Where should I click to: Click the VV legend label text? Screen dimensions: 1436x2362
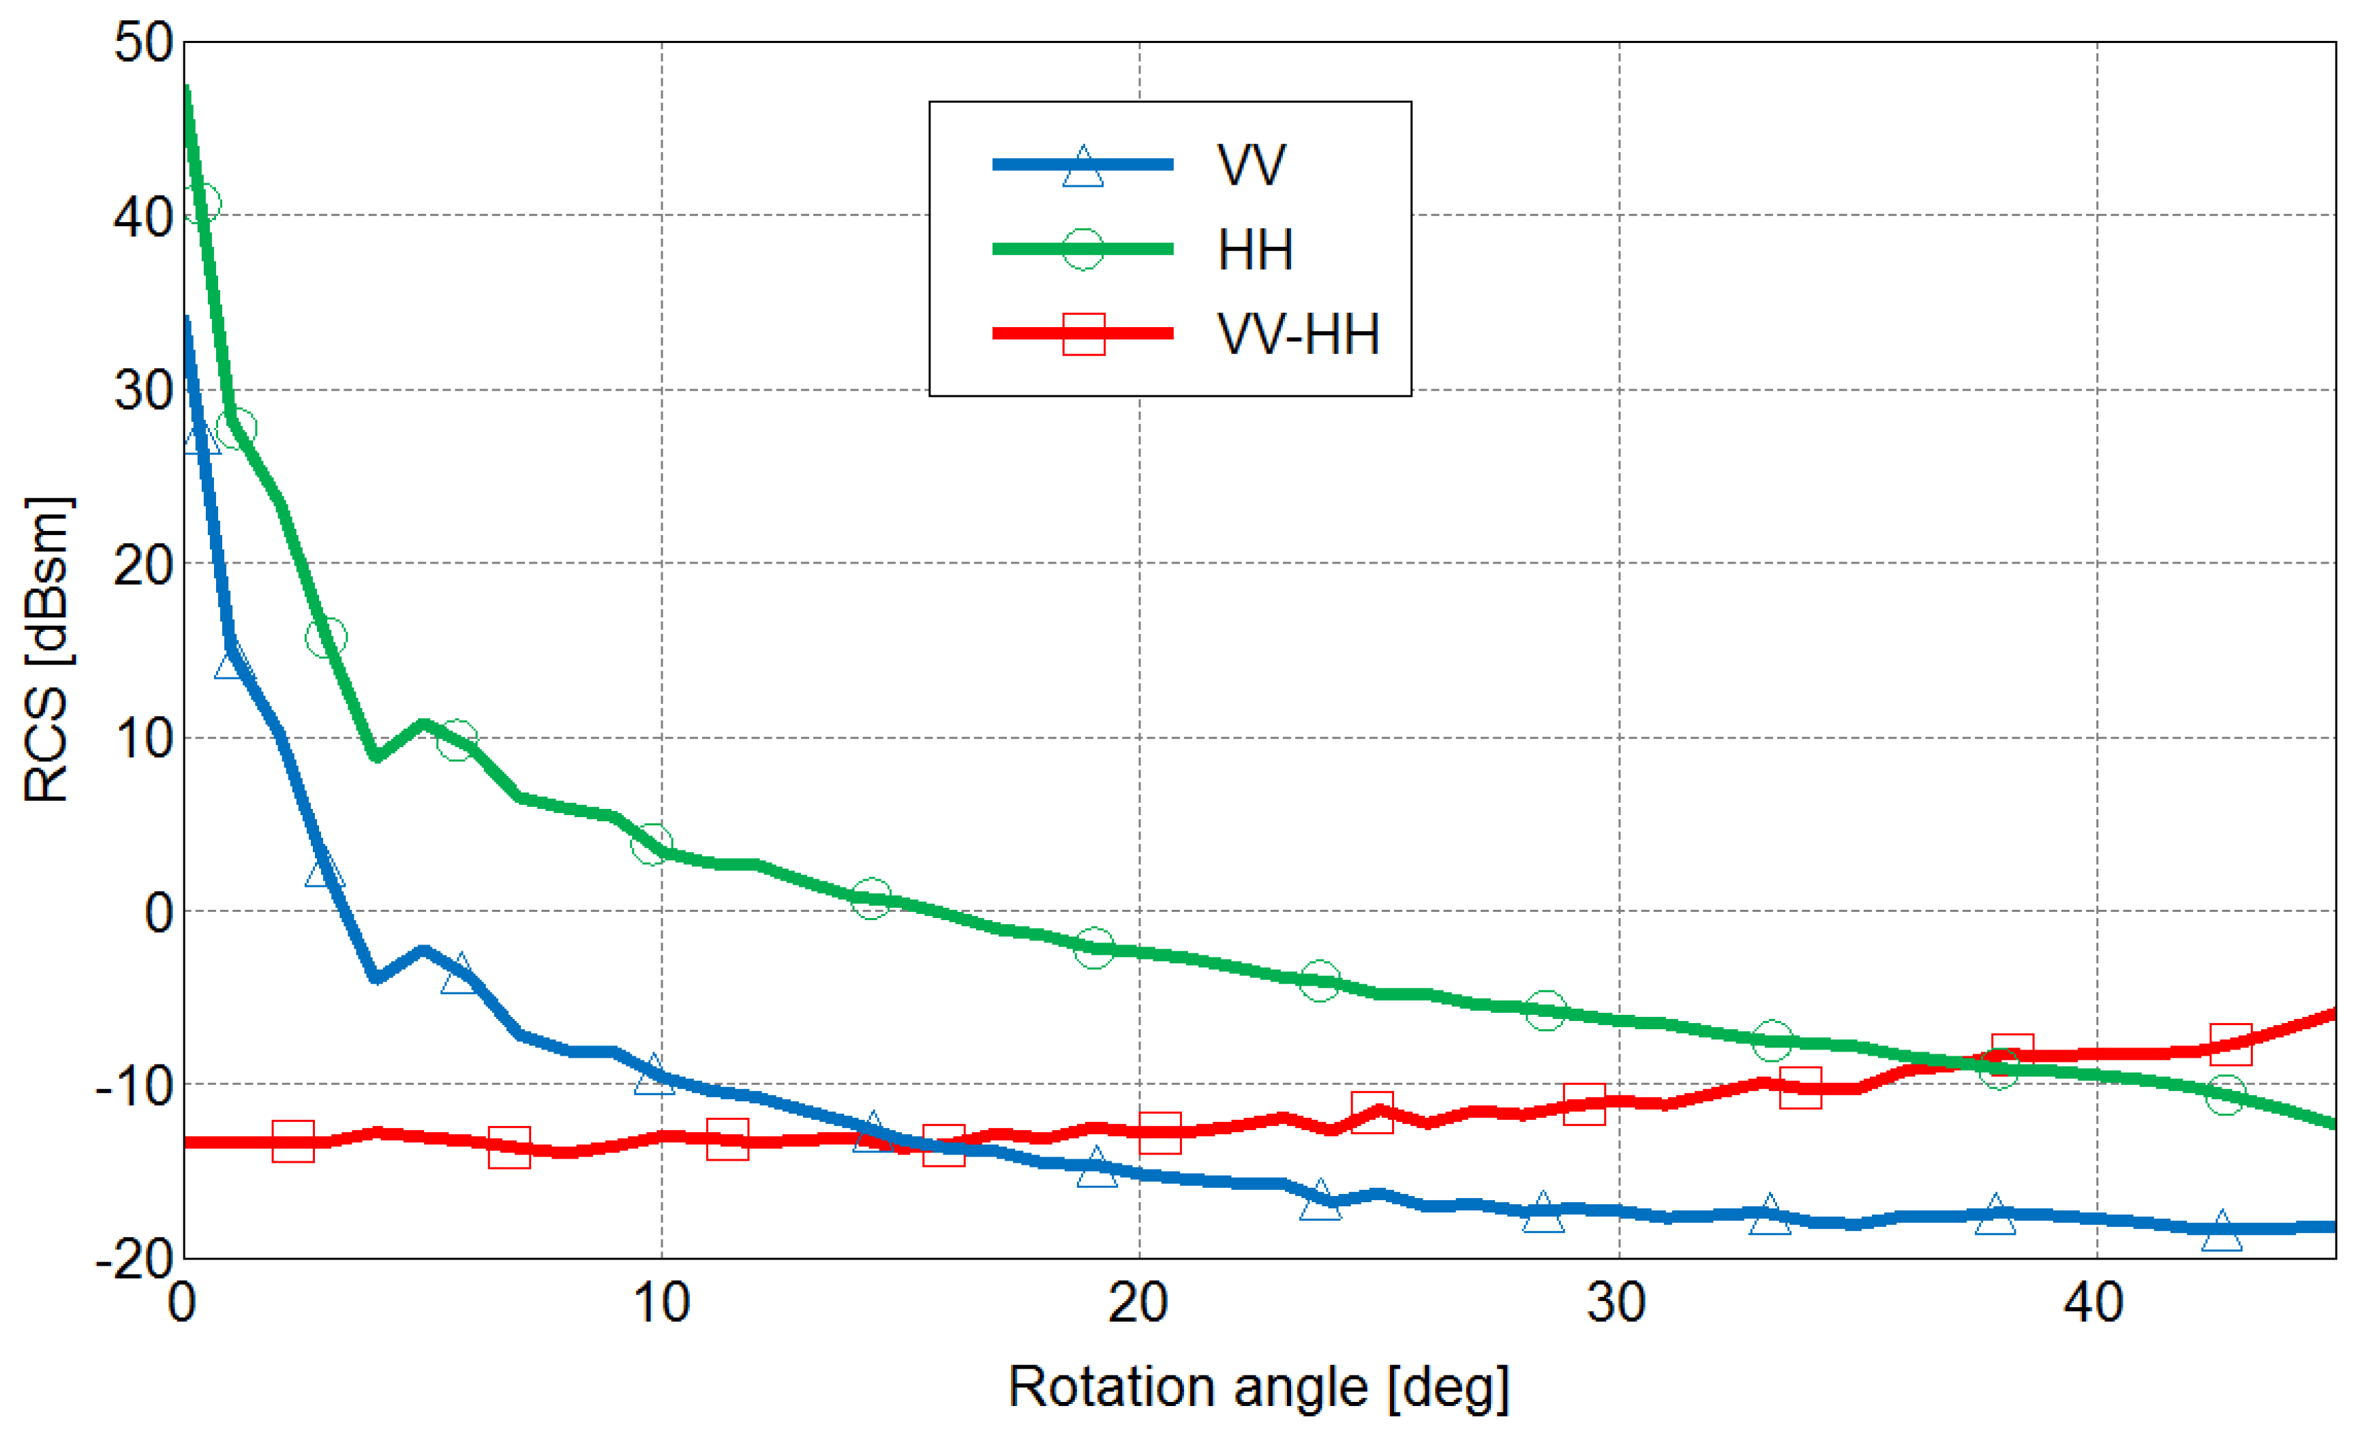click(x=1250, y=165)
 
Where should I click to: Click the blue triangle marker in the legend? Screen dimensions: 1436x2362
click(x=1083, y=167)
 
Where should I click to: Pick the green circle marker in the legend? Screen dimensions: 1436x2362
click(x=1083, y=249)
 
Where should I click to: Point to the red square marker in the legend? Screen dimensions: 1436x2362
click(x=1083, y=333)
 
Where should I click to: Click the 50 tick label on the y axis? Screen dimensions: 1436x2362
click(x=143, y=43)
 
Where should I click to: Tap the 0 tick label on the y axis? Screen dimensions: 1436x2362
click(x=159, y=913)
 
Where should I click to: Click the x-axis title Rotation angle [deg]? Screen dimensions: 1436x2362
click(x=1258, y=1387)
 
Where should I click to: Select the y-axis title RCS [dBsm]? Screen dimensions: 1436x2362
click(x=48, y=650)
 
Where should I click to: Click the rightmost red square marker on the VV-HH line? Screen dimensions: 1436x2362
click(x=2230, y=1045)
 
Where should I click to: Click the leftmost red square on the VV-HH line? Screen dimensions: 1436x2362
click(x=293, y=1141)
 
